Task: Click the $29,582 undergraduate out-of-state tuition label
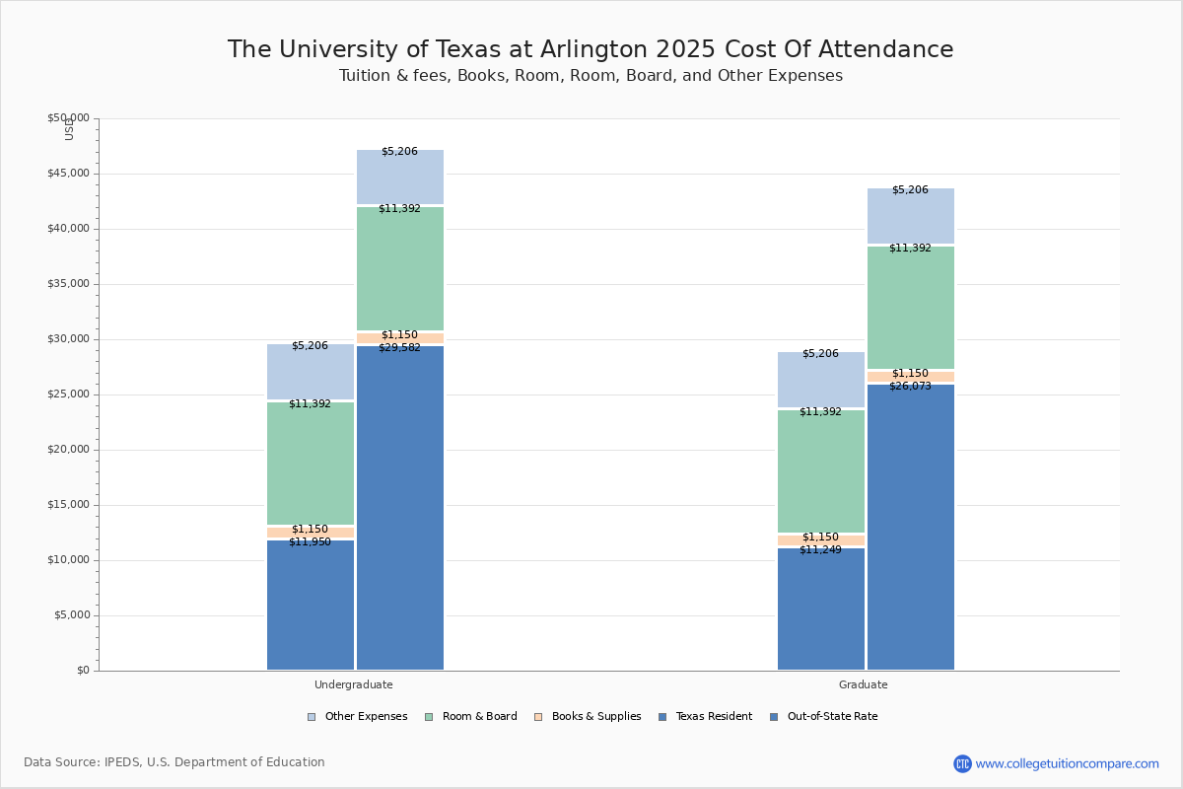(x=399, y=348)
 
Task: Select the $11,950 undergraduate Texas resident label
(x=310, y=542)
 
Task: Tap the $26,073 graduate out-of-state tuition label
(x=910, y=387)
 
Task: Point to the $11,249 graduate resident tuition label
(x=820, y=550)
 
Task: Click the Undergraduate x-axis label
(x=354, y=684)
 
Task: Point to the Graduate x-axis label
(x=864, y=684)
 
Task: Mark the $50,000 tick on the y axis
(x=68, y=118)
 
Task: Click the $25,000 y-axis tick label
(x=68, y=394)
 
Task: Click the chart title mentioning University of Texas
(x=591, y=50)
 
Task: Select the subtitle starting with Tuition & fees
(x=591, y=76)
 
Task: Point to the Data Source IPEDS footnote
(x=174, y=762)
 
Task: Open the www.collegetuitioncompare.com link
(x=1067, y=763)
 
